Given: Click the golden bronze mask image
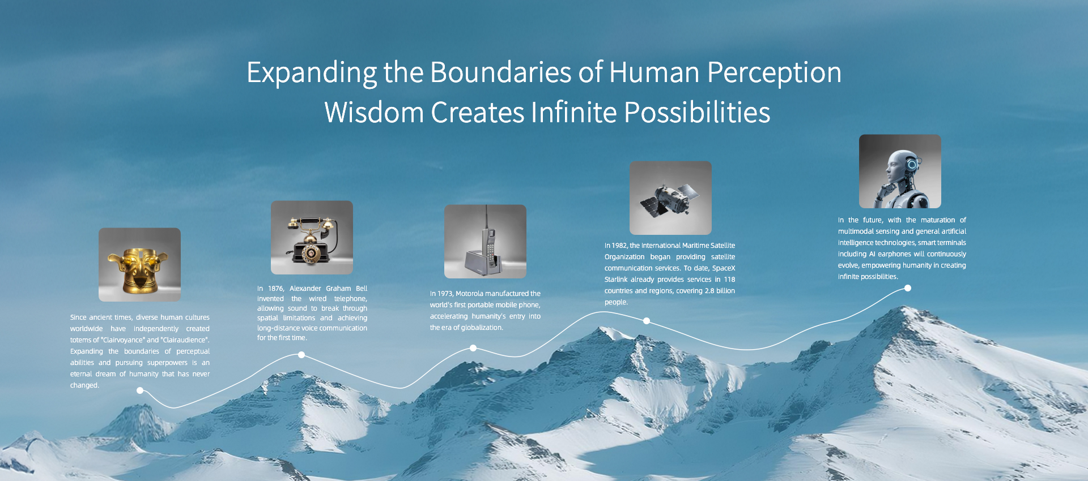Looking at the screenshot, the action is pyautogui.click(x=139, y=265).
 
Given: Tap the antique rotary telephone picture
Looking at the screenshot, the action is pyautogui.click(x=312, y=238).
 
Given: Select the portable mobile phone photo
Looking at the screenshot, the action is pyautogui.click(x=485, y=242).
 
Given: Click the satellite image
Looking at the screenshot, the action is pyautogui.click(x=670, y=198).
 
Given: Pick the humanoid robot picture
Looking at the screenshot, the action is pyautogui.click(x=900, y=171).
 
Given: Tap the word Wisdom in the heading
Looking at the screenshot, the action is pyautogui.click(x=374, y=112).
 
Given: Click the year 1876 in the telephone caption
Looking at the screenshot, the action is pyautogui.click(x=275, y=289).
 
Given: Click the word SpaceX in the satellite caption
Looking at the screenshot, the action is pyautogui.click(x=724, y=268).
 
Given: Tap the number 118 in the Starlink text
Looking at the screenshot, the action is pyautogui.click(x=729, y=280).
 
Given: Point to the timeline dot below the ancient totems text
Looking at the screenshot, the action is pyautogui.click(x=140, y=390).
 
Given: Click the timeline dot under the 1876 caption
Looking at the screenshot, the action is pyautogui.click(x=301, y=355).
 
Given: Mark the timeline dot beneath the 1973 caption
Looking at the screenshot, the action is pyautogui.click(x=473, y=348).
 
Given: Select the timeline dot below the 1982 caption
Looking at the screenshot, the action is pyautogui.click(x=647, y=321).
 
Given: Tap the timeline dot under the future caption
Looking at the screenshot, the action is pyautogui.click(x=908, y=288).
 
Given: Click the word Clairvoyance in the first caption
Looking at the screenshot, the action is pyautogui.click(x=123, y=340).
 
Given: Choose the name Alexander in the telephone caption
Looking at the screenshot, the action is pyautogui.click(x=305, y=289).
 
